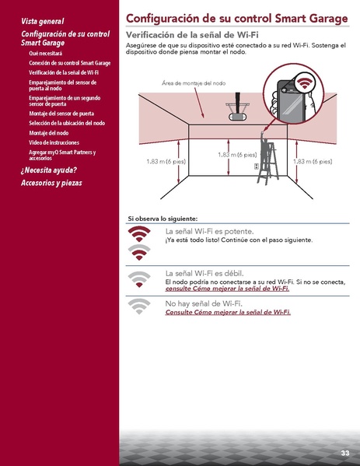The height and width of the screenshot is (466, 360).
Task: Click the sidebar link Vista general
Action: [43, 21]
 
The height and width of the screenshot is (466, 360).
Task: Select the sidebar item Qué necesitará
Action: [45, 54]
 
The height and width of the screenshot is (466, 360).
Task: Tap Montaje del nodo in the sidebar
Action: [48, 133]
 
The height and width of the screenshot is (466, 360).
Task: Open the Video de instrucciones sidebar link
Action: [54, 143]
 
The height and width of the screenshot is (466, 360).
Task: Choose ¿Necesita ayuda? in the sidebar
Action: [49, 170]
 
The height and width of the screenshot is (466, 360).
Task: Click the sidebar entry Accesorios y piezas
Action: [51, 184]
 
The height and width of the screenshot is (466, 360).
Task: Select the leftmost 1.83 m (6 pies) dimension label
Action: [166, 161]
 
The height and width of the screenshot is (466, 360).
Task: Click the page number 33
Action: [344, 452]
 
